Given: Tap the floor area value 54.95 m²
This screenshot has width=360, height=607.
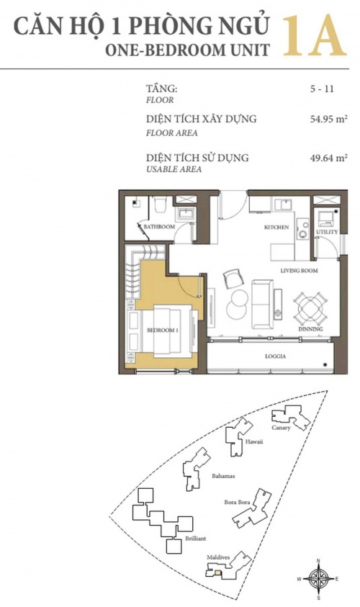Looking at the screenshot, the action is pos(328,119).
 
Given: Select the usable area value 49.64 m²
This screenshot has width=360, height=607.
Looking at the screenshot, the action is pos(328,158).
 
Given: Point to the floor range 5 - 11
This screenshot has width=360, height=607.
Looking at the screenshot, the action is pos(322,89).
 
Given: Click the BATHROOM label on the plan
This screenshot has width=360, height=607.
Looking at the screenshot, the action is pos(159,227).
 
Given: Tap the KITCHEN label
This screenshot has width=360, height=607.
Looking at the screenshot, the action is pos(276,228).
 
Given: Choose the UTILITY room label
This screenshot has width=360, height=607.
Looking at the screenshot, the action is pos(327,232).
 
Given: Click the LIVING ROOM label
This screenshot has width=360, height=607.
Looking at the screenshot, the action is pos(300,271).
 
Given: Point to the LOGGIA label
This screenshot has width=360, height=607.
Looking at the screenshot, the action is pos(276,356).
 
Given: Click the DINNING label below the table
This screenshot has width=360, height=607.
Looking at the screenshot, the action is pos(310,329).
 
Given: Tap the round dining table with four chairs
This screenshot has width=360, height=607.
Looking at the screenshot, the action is pos(309,308).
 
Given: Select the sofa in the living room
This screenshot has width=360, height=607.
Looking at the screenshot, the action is pos(262,305).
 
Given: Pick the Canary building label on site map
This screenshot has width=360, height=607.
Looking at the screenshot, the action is pos(281,428).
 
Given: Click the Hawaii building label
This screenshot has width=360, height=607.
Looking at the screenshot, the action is pos(254,441).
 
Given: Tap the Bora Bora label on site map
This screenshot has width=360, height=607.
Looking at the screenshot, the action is pos(238,502).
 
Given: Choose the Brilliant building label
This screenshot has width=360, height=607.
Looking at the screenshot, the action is pos(196,539).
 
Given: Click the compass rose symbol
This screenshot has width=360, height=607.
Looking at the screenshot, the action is pos(318,579).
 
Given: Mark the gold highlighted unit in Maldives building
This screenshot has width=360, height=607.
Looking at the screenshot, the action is pos(218,573).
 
